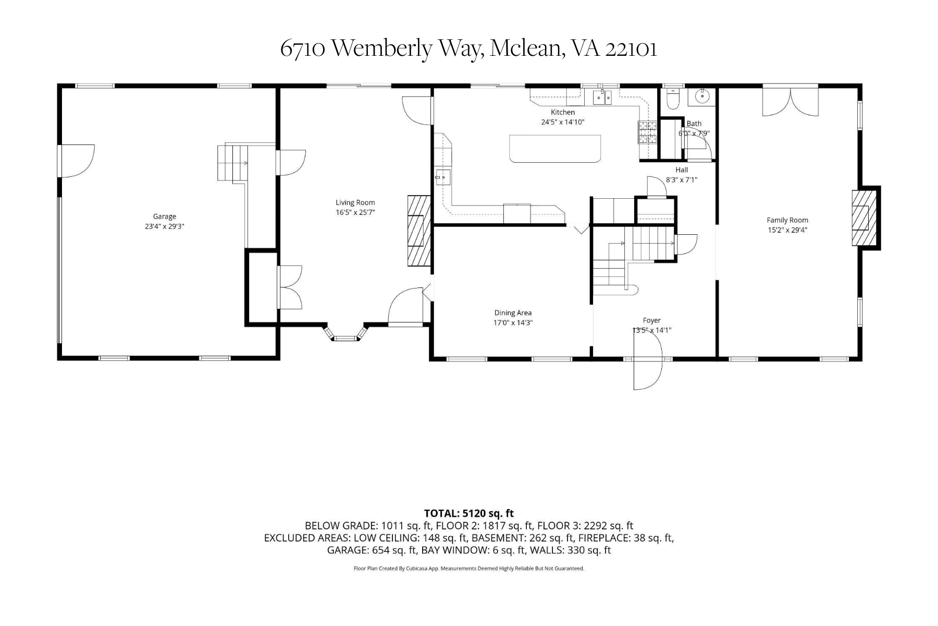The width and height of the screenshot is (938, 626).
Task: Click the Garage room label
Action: point(164,216)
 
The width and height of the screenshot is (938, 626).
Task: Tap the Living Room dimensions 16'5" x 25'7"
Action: point(355,212)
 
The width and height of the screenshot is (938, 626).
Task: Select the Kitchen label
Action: point(563,112)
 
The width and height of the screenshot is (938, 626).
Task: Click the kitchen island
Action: point(555,149)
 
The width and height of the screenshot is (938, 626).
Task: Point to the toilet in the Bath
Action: point(673,99)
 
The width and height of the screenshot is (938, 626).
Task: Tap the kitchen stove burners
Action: point(647,131)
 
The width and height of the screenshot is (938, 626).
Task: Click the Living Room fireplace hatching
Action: point(418,231)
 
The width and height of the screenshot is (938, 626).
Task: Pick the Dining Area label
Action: point(513,313)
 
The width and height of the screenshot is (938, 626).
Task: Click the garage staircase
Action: point(232,163)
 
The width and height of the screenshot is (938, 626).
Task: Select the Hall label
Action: point(681,170)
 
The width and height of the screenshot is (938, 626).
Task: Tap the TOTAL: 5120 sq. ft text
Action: point(468,513)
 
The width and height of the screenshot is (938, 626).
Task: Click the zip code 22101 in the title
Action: point(631,49)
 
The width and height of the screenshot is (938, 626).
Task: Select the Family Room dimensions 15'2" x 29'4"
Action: point(787,230)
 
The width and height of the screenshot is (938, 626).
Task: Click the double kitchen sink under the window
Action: point(602,97)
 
